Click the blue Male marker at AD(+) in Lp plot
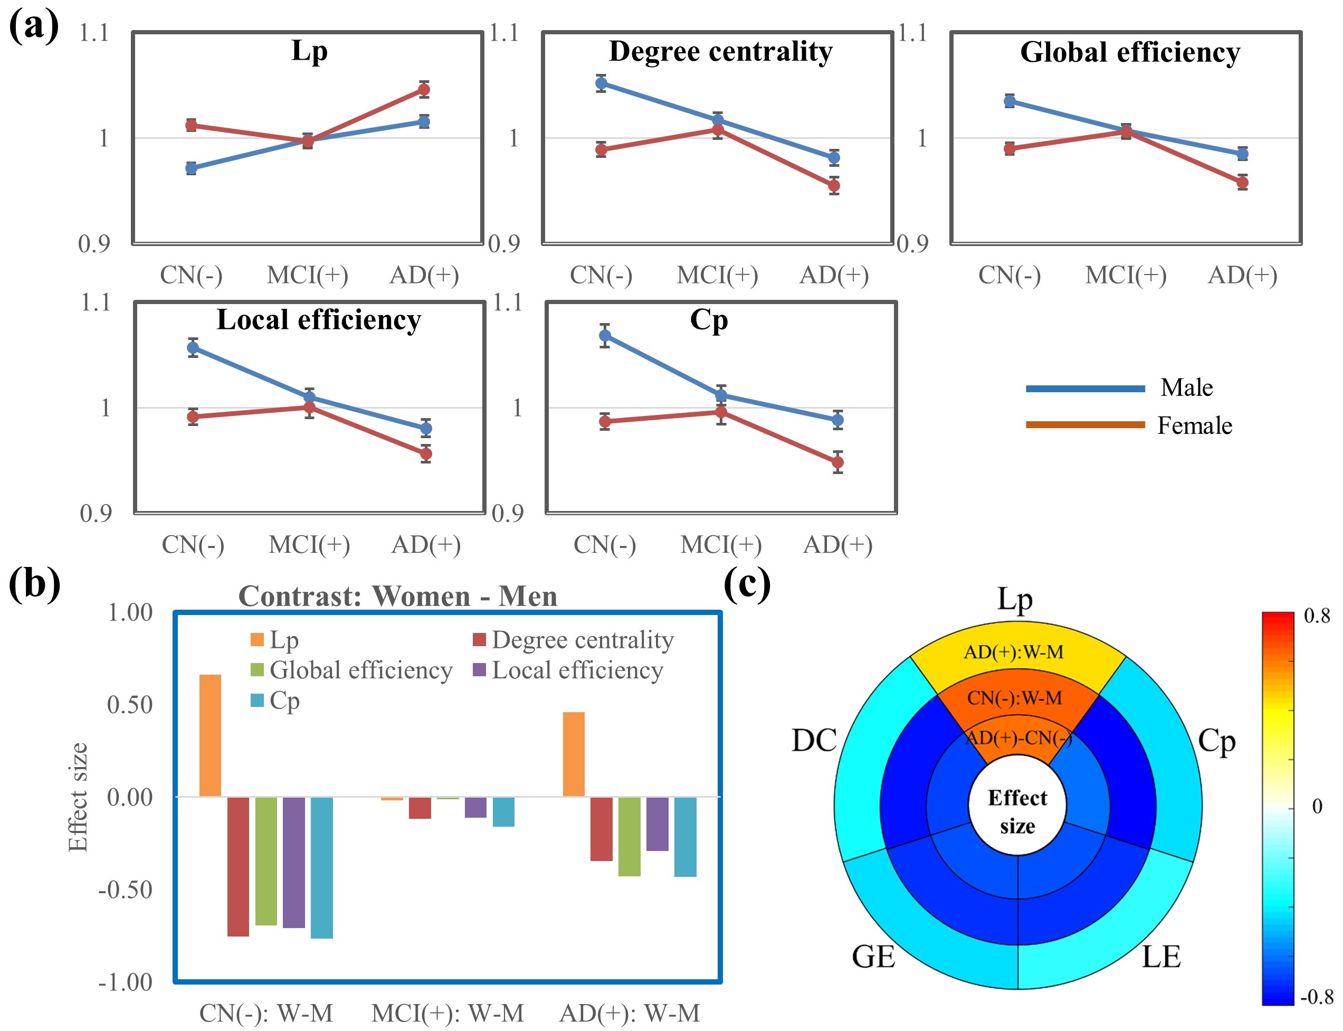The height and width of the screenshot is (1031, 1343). [423, 121]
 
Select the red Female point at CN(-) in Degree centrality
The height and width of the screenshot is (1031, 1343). [601, 149]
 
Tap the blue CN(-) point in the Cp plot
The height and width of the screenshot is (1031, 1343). [604, 335]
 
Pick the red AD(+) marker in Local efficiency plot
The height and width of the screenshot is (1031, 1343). [425, 453]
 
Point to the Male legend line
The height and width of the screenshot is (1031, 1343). [1085, 388]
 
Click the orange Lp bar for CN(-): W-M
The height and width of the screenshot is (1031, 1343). [210, 735]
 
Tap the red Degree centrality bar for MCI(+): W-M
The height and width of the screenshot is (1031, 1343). [420, 807]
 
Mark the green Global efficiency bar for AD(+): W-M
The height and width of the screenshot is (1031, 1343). [629, 836]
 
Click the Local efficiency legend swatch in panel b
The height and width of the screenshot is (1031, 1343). [479, 669]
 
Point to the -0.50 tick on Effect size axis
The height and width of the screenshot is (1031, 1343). [126, 889]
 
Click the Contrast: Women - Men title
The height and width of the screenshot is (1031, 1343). [397, 596]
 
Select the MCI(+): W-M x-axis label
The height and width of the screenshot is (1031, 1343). [447, 1013]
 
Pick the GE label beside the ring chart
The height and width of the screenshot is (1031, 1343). [872, 957]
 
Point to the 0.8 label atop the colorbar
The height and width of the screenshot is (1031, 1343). [1317, 616]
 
